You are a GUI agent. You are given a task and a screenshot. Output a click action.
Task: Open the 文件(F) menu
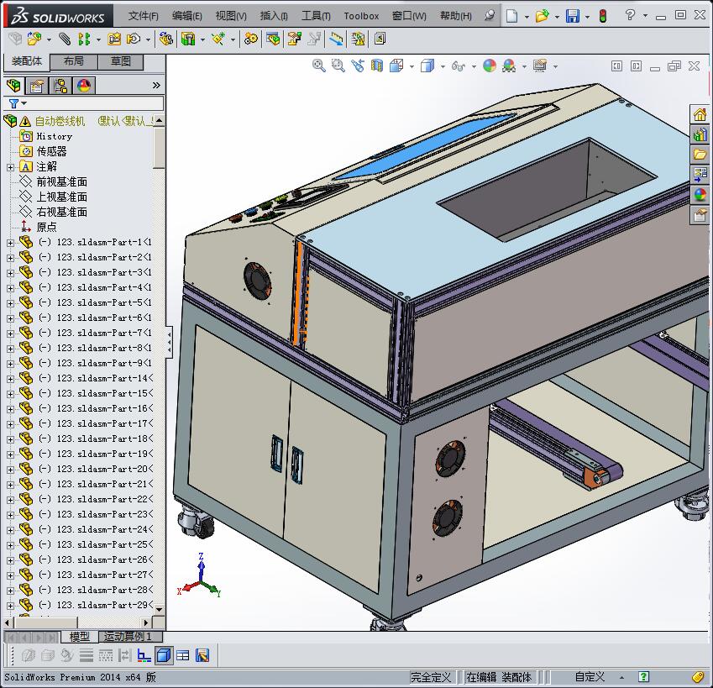pyautogui.click(x=144, y=16)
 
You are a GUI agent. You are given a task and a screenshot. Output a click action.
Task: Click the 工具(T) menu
pyautogui.click(x=316, y=16)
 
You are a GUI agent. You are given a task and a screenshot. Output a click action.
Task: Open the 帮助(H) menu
pyautogui.click(x=455, y=16)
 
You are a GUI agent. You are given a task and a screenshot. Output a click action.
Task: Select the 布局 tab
pyautogui.click(x=73, y=61)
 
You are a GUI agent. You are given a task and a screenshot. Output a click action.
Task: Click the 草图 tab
pyautogui.click(x=121, y=61)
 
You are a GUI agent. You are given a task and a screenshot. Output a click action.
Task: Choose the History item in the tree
pyautogui.click(x=54, y=136)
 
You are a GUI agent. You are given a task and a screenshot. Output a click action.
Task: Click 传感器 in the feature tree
pyautogui.click(x=51, y=151)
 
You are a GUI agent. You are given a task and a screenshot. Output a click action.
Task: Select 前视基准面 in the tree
pyautogui.click(x=61, y=181)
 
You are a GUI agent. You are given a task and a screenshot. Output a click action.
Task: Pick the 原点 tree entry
pyautogui.click(x=46, y=227)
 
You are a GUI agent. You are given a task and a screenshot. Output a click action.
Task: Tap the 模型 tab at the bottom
pyautogui.click(x=79, y=637)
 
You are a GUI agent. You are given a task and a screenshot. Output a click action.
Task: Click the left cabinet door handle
pyautogui.click(x=276, y=454)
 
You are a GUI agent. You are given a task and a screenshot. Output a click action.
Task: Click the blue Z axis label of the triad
pyautogui.click(x=202, y=556)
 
